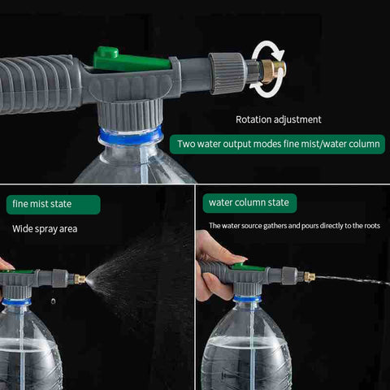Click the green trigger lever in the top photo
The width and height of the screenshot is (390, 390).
point(130,60)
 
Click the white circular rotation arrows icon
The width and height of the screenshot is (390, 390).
point(267,69)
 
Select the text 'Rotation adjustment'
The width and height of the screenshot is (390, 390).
point(279,119)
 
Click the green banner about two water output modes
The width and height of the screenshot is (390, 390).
point(277,144)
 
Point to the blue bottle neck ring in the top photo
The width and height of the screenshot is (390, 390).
point(130,136)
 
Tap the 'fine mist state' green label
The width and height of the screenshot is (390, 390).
point(54,205)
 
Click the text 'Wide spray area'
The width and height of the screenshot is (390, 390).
point(45,229)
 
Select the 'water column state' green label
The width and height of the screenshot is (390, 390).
point(249,203)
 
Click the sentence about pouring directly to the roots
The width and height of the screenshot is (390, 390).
point(294,226)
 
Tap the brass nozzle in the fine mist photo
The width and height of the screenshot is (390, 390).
point(80,279)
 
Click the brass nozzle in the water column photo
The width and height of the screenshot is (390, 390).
point(310,276)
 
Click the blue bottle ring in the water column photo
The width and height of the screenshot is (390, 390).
point(247,299)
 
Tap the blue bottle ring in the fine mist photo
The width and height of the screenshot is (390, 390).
point(16,301)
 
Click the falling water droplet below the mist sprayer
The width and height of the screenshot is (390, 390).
point(54,301)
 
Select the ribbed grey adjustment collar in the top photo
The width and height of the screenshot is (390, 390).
point(227,73)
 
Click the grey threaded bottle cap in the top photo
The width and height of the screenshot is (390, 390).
point(130,115)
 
